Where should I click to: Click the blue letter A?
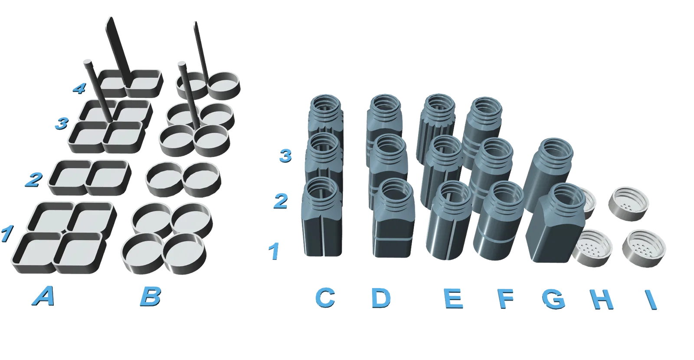click(x=44, y=296)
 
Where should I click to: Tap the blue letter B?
click(x=151, y=297)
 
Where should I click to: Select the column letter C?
click(x=325, y=298)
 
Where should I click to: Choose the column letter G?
click(x=553, y=299)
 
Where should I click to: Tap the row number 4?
click(x=79, y=88)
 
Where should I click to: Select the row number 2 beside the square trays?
click(x=34, y=180)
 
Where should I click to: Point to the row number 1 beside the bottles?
click(x=274, y=251)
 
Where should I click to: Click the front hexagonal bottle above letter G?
click(x=556, y=223)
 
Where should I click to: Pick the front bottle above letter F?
click(x=499, y=221)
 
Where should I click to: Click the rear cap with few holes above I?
click(x=629, y=203)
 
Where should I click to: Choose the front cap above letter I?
click(x=644, y=249)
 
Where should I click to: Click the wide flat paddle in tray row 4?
click(x=119, y=51)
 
